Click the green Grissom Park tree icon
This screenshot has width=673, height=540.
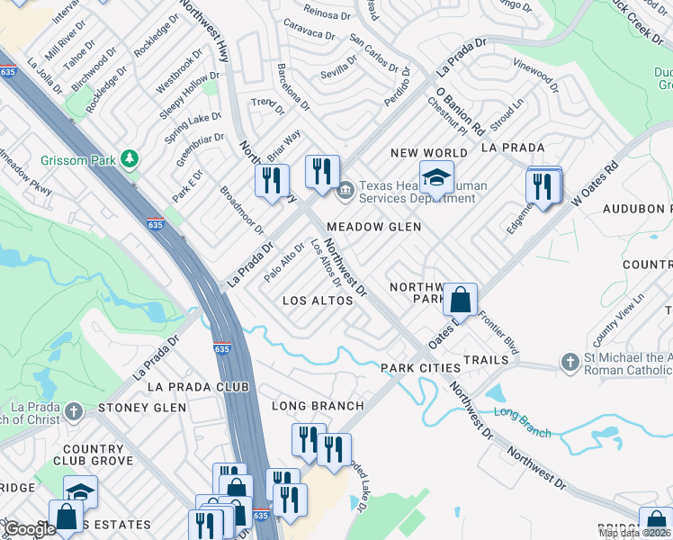click(x=131, y=160)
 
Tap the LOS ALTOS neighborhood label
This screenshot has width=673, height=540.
click(x=318, y=301)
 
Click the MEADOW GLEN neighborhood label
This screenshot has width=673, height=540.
click(x=373, y=228)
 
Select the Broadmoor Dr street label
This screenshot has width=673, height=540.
click(x=242, y=211)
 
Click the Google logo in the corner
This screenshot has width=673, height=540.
click(x=28, y=529)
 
